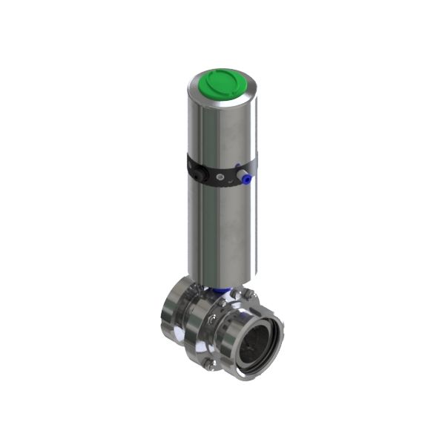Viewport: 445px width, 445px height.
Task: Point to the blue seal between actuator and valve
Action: pos(220,291)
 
